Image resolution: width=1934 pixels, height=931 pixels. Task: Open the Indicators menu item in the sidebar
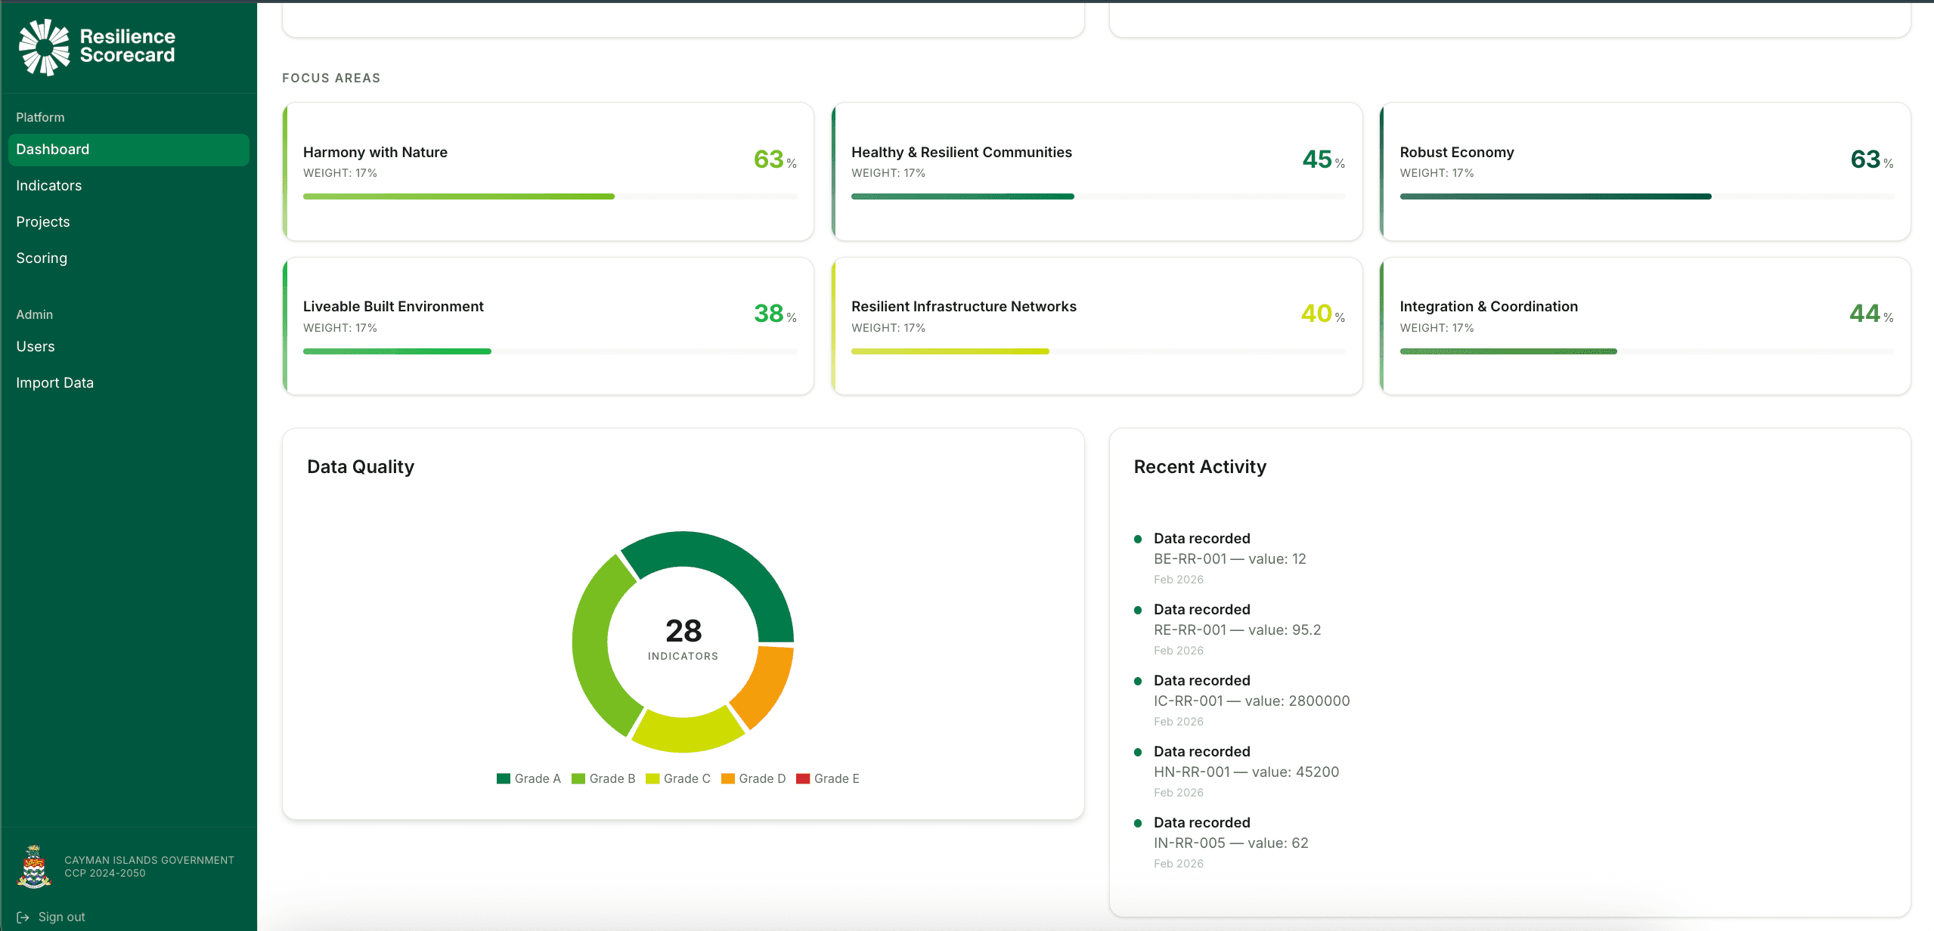pos(48,185)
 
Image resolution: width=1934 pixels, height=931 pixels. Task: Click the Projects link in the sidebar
pos(42,221)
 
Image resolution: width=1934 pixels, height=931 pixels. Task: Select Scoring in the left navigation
pos(42,258)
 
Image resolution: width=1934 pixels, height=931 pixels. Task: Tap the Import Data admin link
pos(54,382)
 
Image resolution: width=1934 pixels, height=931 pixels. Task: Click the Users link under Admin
pos(36,346)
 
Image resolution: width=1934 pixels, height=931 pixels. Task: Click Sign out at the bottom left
pos(60,917)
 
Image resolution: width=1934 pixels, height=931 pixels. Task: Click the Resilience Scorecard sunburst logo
pos(44,47)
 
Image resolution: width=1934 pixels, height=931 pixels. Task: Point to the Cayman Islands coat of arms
pos(34,867)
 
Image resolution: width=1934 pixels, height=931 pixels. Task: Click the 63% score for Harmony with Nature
pos(770,159)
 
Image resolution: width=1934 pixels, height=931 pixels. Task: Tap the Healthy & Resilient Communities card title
pos(961,152)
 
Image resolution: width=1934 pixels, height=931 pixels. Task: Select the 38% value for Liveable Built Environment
pos(770,314)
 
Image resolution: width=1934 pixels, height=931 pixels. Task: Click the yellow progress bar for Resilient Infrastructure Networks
pos(950,351)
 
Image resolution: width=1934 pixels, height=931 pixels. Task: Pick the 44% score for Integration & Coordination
pos(1865,314)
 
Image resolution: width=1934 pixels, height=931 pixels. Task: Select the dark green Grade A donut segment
pos(718,563)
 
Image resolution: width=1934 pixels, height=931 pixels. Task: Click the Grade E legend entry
pos(828,778)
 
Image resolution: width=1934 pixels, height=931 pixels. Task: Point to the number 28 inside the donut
pos(683,631)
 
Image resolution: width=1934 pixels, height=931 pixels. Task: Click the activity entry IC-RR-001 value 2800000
pos(1251,701)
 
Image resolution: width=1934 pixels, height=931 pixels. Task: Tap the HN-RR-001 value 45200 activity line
pos(1246,772)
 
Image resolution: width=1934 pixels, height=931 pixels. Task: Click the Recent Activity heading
pos(1200,467)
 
